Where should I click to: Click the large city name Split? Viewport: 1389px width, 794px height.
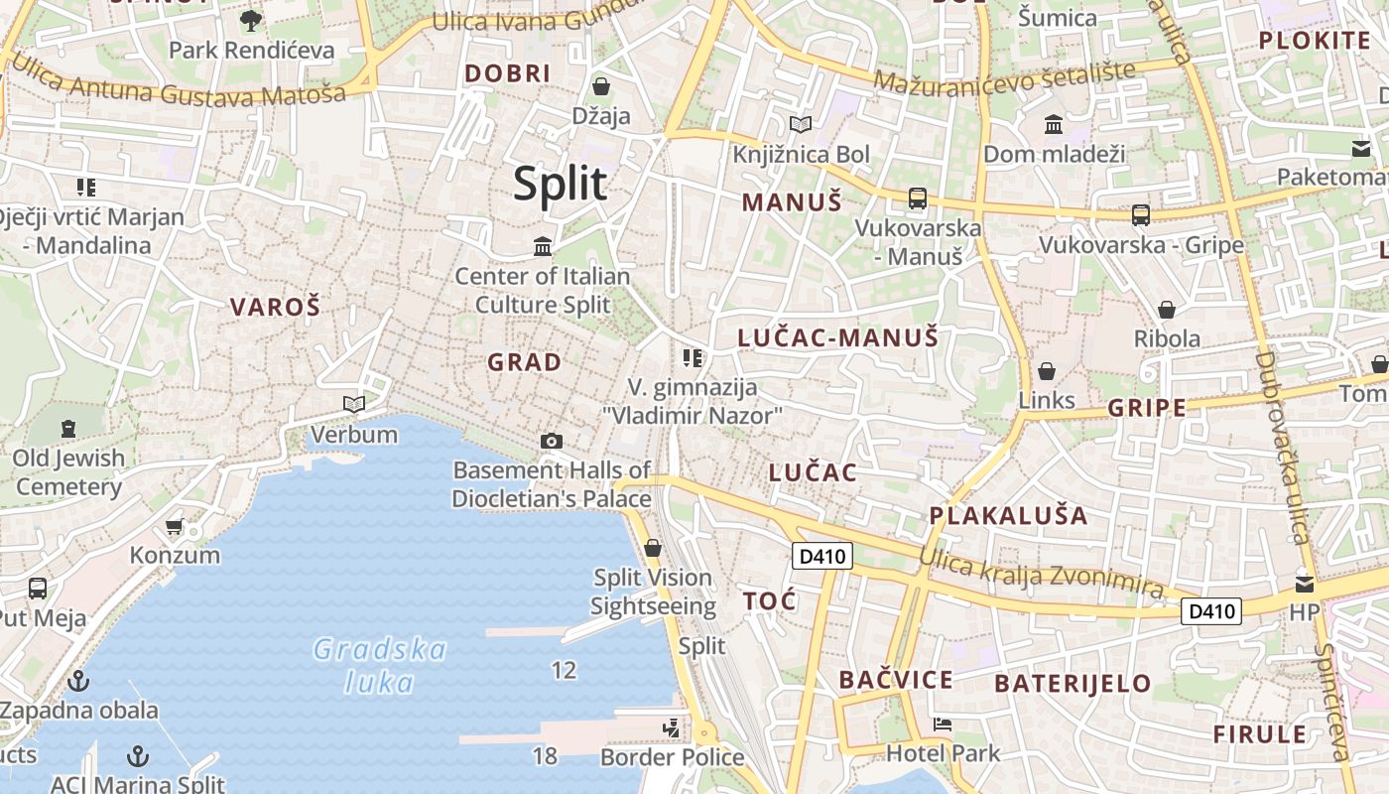click(x=560, y=185)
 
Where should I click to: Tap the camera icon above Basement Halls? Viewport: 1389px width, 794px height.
click(x=552, y=441)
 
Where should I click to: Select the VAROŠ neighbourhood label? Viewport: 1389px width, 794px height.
click(x=275, y=308)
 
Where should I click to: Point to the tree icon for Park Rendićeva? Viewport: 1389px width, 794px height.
click(x=251, y=20)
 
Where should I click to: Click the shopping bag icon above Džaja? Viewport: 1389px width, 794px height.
click(x=600, y=86)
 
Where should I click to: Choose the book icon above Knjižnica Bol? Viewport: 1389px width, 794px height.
click(x=801, y=124)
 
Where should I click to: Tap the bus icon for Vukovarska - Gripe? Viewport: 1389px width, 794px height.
click(x=1141, y=214)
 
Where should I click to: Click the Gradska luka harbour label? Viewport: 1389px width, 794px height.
click(x=379, y=666)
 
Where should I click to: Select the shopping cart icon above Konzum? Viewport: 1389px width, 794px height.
click(x=175, y=526)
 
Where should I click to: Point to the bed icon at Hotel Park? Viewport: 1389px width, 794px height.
click(x=943, y=725)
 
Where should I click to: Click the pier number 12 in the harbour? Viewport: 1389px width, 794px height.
click(x=564, y=671)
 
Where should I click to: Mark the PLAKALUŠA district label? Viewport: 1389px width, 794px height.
click(x=1008, y=516)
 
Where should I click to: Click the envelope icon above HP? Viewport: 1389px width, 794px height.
click(x=1305, y=584)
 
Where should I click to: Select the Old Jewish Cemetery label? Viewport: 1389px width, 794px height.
click(x=68, y=472)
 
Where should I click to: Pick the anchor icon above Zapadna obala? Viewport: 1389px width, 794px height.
click(x=77, y=681)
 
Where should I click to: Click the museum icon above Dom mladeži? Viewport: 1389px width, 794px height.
click(x=1054, y=125)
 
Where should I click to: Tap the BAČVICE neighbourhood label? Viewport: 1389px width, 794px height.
click(x=896, y=680)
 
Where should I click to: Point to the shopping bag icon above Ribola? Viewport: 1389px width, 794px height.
click(x=1167, y=310)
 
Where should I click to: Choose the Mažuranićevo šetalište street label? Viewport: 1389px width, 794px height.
click(x=1004, y=79)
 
